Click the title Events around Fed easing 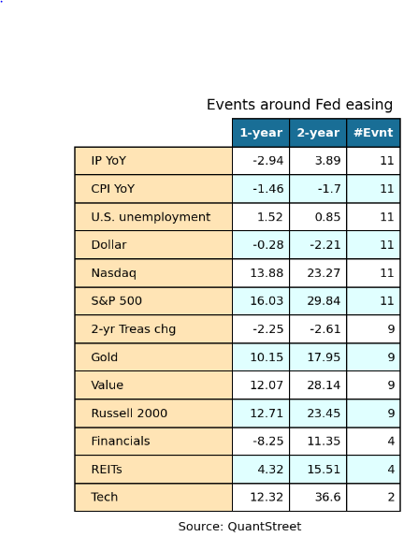[299, 105]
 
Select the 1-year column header [261, 133]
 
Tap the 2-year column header [318, 133]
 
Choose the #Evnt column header [373, 133]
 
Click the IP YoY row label [108, 161]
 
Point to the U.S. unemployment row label [151, 217]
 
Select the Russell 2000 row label [129, 413]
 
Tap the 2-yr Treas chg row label [133, 329]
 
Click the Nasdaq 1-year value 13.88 [267, 273]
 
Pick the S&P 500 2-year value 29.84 [324, 301]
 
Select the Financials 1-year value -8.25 [268, 442]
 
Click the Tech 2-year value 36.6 [327, 497]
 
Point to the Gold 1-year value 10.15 [267, 357]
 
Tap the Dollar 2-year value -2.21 [324, 245]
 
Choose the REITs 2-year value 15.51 [324, 470]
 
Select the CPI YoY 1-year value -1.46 [268, 189]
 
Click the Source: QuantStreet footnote [239, 527]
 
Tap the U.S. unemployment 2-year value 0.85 [327, 217]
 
